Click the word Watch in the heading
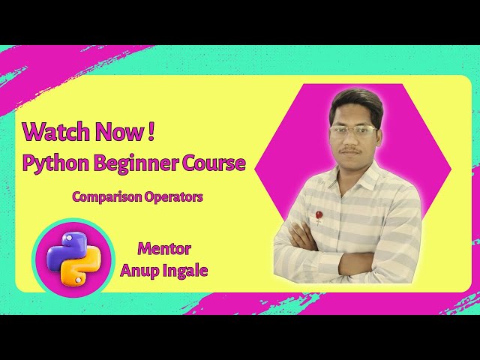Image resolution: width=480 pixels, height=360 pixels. point(47,131)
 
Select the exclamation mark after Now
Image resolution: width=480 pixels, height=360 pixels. point(151,131)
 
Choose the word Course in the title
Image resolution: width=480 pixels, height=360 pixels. point(213,163)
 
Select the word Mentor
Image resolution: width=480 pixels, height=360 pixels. point(163,248)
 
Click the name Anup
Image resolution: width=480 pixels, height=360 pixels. point(140,271)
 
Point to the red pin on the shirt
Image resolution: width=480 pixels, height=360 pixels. point(318,216)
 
